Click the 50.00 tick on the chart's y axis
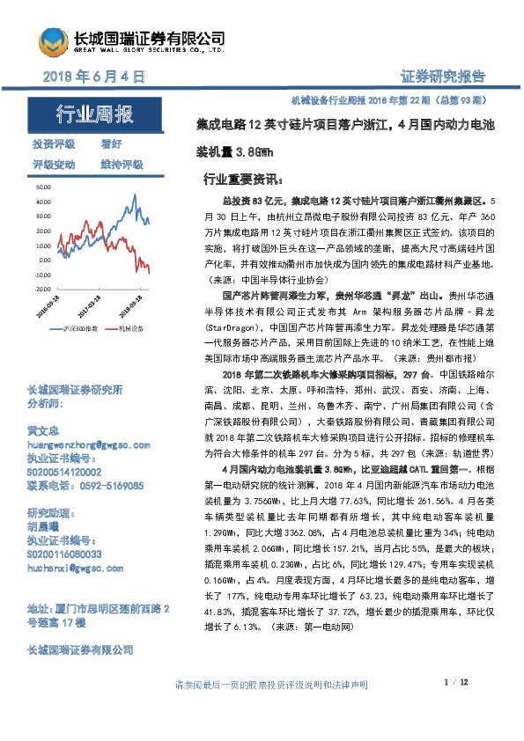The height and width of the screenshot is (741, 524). pyautogui.click(x=41, y=187)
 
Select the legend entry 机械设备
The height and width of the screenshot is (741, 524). pyautogui.click(x=130, y=329)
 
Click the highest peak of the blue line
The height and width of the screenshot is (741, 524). pyautogui.click(x=136, y=195)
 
